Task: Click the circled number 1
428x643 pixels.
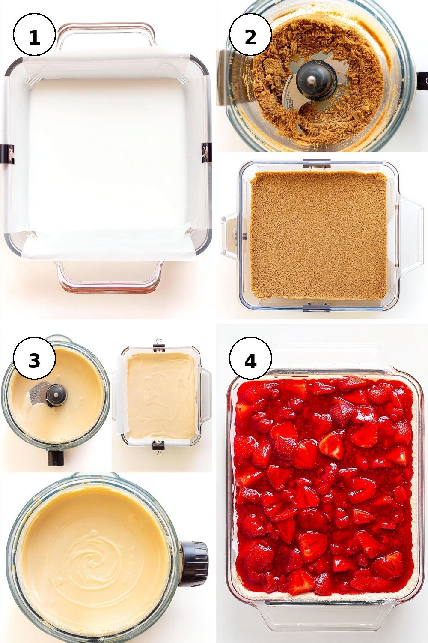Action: coord(34,35)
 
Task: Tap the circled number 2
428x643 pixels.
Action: coord(250,35)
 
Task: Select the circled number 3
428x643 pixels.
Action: coord(34,358)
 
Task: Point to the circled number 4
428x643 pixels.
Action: coord(250,358)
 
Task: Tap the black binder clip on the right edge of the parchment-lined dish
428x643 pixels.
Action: coord(206,153)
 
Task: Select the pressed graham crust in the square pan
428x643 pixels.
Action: coord(318,235)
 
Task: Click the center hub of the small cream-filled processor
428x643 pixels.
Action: coord(56,396)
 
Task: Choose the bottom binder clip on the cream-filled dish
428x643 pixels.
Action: coord(158,445)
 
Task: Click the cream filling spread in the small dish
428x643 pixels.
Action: coord(161,396)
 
